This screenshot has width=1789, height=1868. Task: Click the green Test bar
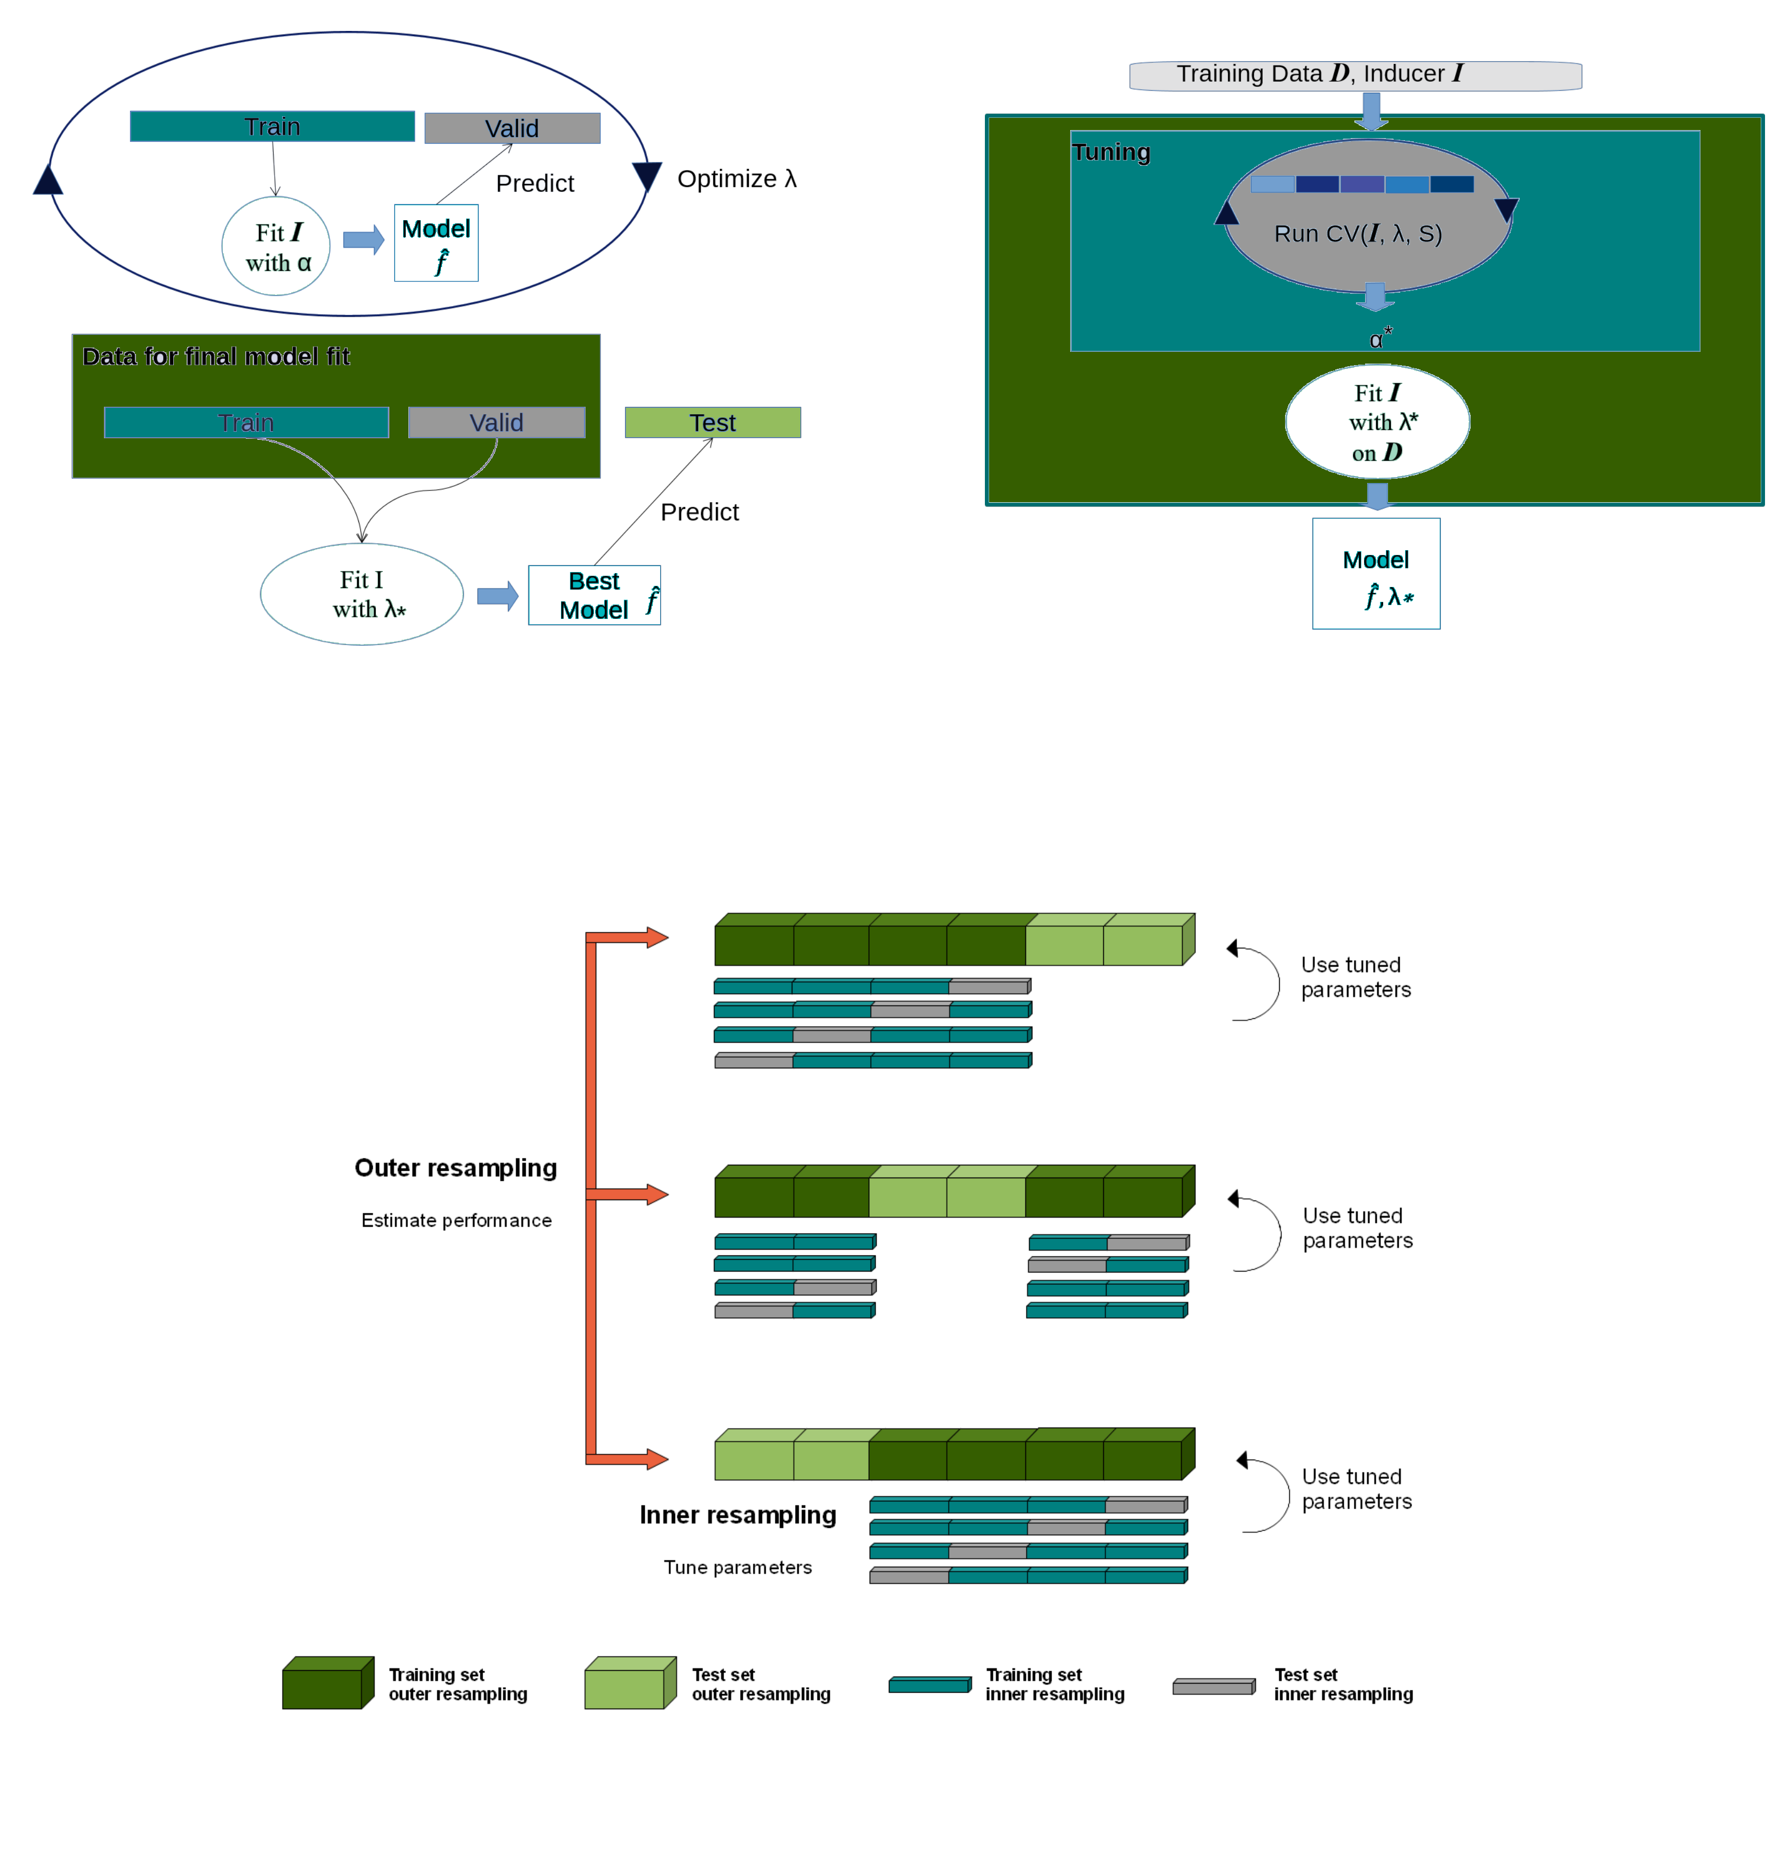pos(712,422)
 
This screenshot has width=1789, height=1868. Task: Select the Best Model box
pos(594,595)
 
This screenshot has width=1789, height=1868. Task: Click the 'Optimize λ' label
pos(736,179)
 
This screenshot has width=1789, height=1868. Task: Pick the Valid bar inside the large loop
pos(512,128)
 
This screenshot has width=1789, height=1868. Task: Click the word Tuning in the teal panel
pos(1110,152)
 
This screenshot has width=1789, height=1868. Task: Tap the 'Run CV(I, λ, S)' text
pos(1357,233)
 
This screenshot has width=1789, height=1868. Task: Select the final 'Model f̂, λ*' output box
pos(1375,574)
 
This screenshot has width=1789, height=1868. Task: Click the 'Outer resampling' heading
pos(455,1167)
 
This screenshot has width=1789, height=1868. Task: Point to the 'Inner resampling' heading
pos(737,1515)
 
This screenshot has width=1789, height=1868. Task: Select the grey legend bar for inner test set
pos(1213,1687)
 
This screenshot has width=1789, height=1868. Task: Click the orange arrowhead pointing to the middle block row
pos(657,1194)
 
